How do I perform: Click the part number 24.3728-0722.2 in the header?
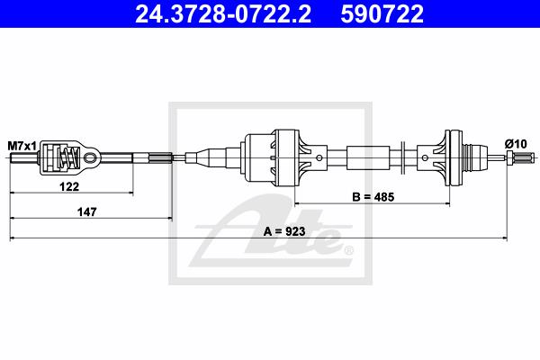(x=223, y=13)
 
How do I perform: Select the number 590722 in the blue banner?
(x=382, y=13)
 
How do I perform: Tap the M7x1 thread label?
(x=22, y=146)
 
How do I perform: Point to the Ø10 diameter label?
(x=516, y=144)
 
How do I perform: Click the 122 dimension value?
(x=69, y=186)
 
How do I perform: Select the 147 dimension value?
(x=86, y=211)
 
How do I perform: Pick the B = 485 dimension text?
(x=373, y=197)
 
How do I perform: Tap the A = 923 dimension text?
(x=284, y=231)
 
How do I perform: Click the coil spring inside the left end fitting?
(x=67, y=157)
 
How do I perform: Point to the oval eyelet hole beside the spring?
(x=90, y=157)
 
